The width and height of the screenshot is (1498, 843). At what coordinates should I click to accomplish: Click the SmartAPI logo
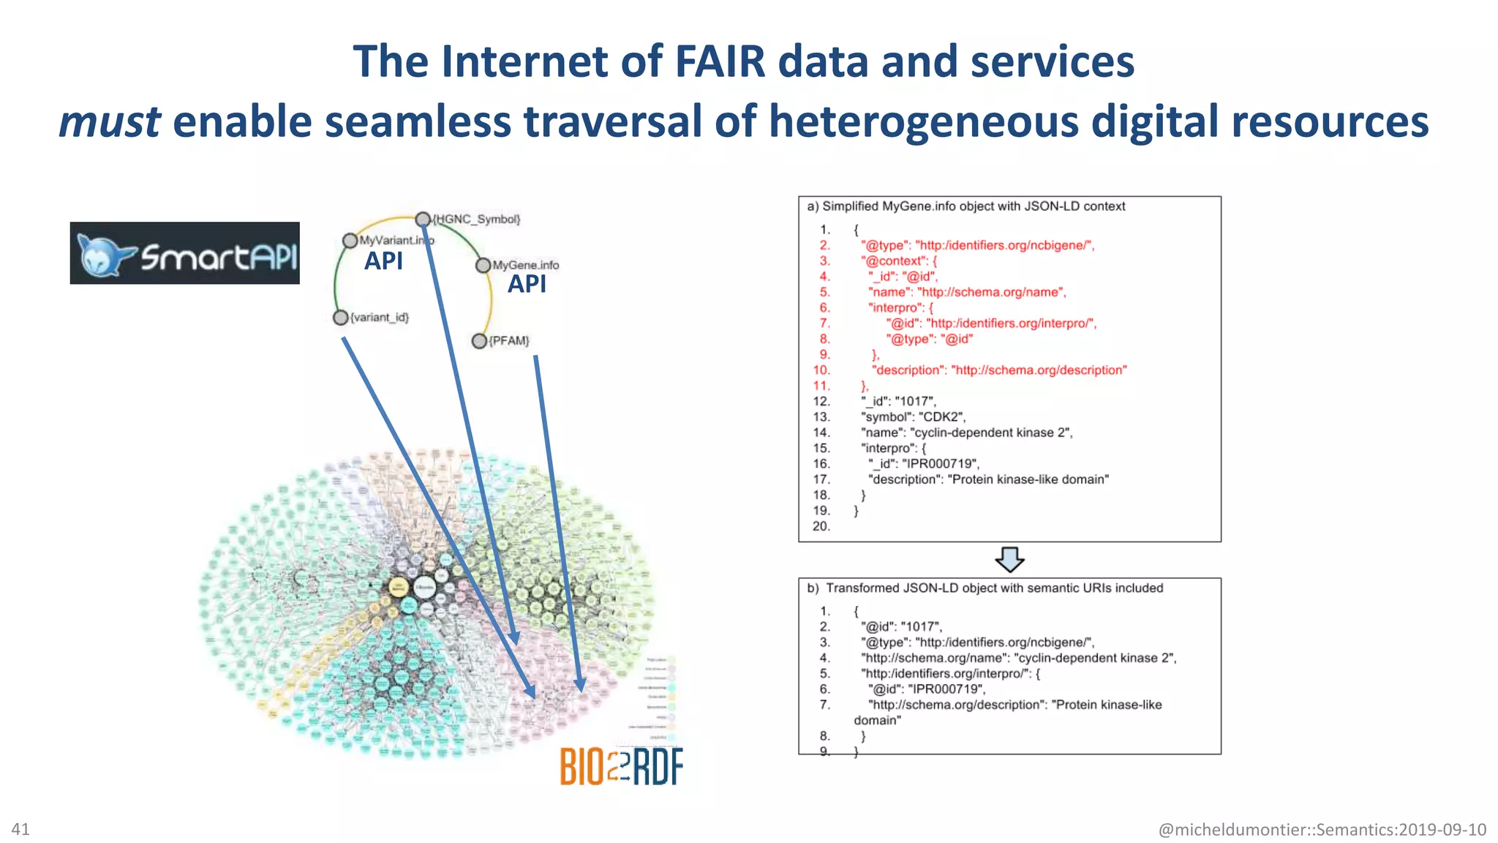pos(184,253)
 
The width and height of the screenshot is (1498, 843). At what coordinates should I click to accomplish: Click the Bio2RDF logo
pos(621,766)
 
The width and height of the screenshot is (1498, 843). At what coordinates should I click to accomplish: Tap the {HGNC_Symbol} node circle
pos(423,219)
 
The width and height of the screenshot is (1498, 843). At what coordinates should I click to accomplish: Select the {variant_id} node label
pos(379,318)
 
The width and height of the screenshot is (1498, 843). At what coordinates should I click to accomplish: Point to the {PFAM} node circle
pos(479,341)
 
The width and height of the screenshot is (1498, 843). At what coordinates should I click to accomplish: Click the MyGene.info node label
pos(525,265)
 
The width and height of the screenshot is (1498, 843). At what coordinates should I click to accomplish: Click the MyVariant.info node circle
pos(350,241)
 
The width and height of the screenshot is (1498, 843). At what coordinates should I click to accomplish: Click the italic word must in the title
pos(110,121)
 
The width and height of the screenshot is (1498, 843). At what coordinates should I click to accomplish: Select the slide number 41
pos(20,829)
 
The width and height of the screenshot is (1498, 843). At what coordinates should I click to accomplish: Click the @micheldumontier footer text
pos(1322,830)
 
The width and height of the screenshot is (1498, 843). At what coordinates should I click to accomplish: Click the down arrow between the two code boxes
pos(1009,560)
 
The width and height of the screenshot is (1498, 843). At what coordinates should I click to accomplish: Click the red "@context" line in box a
pos(898,261)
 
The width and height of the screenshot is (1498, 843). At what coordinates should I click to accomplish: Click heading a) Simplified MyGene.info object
pos(966,206)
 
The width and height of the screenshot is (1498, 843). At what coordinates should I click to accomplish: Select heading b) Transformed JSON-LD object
pos(985,588)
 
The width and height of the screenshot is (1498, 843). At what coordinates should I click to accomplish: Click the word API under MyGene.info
pos(527,284)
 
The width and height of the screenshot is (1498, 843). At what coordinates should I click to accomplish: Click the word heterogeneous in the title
pos(923,121)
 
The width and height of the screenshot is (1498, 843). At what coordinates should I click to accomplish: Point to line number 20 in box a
pos(821,526)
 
